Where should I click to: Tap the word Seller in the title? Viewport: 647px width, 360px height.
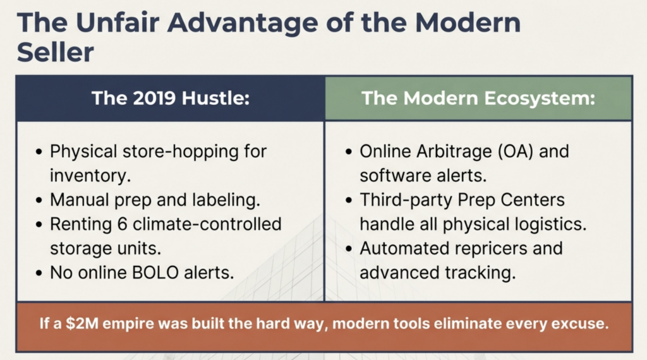click(x=56, y=52)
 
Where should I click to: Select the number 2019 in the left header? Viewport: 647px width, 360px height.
click(x=155, y=98)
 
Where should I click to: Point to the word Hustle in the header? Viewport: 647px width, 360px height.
click(x=215, y=98)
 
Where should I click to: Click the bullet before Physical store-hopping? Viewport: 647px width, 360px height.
click(x=39, y=152)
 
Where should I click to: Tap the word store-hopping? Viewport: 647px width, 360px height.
click(x=181, y=152)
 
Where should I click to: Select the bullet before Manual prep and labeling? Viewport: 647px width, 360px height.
click(x=39, y=201)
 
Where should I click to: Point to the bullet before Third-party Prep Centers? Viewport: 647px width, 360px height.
click(x=349, y=201)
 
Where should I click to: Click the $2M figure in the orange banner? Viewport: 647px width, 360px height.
click(x=82, y=324)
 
